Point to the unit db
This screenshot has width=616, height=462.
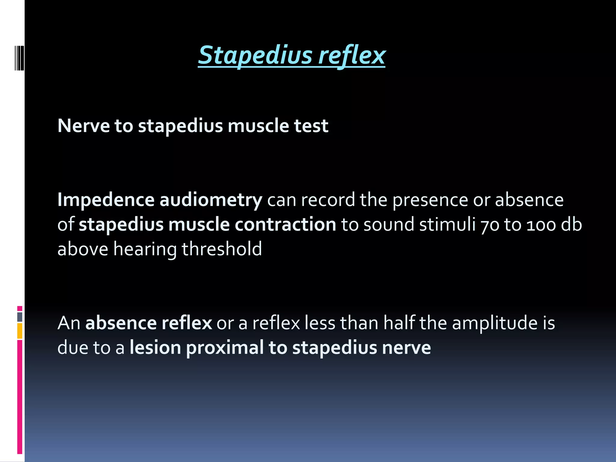[x=571, y=225]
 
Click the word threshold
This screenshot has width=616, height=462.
[x=222, y=249]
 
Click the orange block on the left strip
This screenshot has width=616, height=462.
[x=20, y=331]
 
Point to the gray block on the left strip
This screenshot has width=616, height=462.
[x=20, y=317]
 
